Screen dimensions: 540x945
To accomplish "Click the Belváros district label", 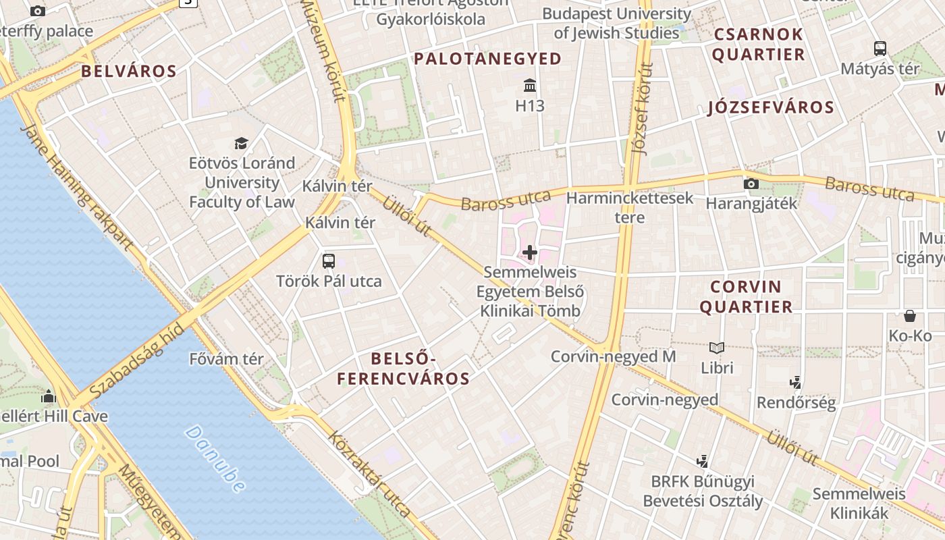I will pos(129,72).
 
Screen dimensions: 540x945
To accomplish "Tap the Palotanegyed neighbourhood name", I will pos(487,59).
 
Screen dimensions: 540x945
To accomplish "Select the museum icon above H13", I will pos(530,86).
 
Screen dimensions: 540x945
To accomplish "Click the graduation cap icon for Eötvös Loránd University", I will pos(241,143).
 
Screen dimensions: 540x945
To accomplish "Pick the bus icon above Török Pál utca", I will pos(329,261).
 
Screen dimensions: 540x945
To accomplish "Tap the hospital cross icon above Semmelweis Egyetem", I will pos(530,253).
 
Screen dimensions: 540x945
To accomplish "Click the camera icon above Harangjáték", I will pos(751,184).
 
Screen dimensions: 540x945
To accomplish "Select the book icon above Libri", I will pos(716,348).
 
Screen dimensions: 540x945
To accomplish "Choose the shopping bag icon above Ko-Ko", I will pos(910,316).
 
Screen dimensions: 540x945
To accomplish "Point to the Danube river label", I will pos(215,458).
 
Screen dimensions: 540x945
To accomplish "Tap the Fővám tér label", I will pos(226,359).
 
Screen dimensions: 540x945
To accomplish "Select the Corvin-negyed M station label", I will pos(613,356).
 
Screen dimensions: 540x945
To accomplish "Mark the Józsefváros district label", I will pos(771,107).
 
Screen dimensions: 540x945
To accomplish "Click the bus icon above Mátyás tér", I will pos(880,49).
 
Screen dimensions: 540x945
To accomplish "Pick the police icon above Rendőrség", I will pos(795,383).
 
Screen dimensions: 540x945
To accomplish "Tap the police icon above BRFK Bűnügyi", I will pos(702,461).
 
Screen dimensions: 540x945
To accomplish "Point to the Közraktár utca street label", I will pos(369,473).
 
